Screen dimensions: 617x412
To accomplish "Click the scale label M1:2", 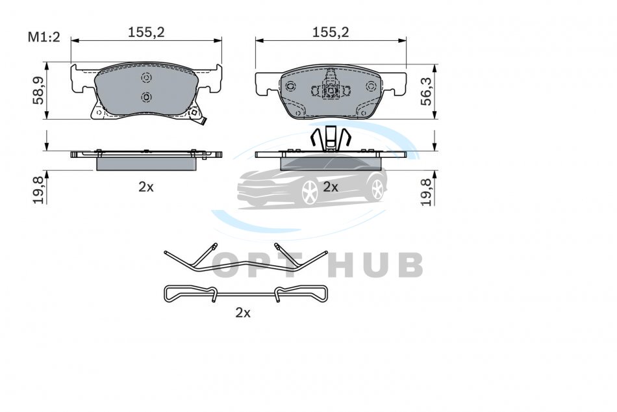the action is pos(44,37).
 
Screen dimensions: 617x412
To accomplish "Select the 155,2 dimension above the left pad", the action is pos(146,32).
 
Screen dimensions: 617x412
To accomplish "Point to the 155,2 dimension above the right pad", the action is pos(331,32).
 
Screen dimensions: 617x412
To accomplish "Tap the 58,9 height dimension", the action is pos(38,90).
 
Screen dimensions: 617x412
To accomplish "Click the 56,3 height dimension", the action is pos(426,91).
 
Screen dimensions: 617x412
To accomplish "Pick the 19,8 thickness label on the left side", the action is pos(38,190).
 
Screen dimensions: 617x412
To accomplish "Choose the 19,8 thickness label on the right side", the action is pos(426,192).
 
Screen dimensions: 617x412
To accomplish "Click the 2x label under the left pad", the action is pos(146,187).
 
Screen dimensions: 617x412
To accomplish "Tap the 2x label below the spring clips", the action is pos(243,313).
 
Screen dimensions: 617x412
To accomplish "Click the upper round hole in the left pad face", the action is pos(146,78).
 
